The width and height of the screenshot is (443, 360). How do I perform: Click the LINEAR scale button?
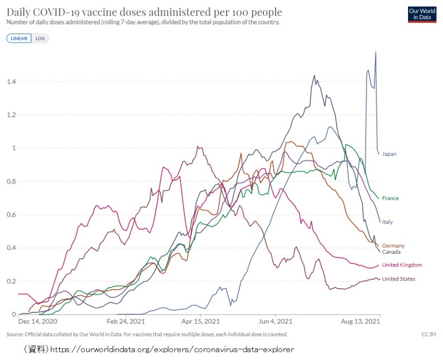click(19, 38)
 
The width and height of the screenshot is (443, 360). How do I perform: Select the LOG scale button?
click(40, 38)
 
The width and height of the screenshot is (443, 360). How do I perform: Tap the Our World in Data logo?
click(422, 14)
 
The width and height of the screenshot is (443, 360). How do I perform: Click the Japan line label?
click(389, 154)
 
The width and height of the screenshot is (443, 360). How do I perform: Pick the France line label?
click(391, 198)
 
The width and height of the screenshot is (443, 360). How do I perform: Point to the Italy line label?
click(388, 222)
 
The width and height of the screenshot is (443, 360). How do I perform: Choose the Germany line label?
click(393, 246)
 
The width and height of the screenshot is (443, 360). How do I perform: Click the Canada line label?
click(391, 252)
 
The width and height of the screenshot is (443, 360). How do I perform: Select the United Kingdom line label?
click(402, 265)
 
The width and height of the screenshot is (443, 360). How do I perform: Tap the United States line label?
click(398, 279)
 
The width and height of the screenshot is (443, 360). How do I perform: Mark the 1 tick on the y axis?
click(14, 148)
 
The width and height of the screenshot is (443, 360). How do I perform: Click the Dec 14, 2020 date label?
click(38, 322)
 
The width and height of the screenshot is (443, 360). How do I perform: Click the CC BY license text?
click(429, 334)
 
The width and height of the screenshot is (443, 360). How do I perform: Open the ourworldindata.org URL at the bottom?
click(172, 349)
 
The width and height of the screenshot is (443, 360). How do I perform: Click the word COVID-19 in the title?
click(63, 12)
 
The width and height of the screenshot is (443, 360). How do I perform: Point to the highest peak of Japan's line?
click(376, 52)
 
